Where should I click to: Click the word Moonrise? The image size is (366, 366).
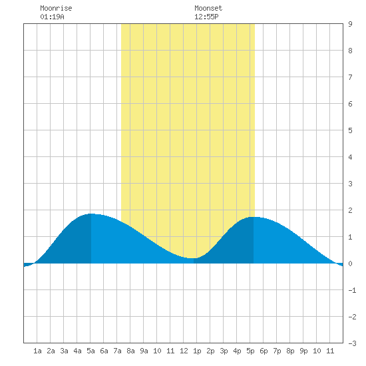[56, 8]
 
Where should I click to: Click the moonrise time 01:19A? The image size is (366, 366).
[52, 17]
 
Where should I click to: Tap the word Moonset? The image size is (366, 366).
[208, 8]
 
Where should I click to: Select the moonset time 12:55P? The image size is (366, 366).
[206, 17]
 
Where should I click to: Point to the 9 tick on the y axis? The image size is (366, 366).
[350, 24]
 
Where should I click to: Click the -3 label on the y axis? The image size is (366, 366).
[352, 343]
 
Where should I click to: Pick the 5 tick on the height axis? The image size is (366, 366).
[350, 130]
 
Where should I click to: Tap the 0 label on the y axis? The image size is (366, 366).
[350, 264]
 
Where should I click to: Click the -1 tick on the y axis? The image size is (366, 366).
[352, 290]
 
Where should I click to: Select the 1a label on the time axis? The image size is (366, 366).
[37, 351]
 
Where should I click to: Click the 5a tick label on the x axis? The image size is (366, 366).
[91, 351]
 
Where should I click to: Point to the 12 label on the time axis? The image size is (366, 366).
[184, 351]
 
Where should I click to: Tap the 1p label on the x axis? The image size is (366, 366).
[197, 351]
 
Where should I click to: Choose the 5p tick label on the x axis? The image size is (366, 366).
[250, 351]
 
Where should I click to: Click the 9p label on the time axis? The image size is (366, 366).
[303, 351]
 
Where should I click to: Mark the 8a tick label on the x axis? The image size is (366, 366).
[130, 351]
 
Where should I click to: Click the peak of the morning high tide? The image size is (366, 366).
[91, 214]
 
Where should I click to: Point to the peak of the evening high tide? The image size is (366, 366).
[254, 217]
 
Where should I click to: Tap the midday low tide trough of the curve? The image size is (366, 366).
[192, 258]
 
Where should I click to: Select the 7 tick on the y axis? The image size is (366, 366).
[350, 77]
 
